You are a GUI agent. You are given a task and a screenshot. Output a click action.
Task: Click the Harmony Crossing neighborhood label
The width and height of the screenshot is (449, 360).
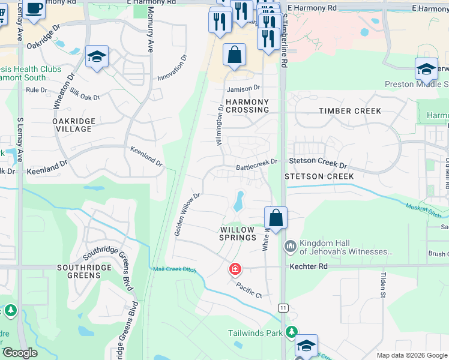tap(247, 106)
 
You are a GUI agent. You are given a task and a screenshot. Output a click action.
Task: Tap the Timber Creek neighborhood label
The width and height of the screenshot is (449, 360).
tap(350, 111)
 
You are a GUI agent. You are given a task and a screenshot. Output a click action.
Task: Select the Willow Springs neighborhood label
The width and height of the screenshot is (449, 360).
tap(238, 233)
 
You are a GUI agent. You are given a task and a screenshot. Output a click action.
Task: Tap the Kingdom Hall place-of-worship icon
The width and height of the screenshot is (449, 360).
tap(291, 246)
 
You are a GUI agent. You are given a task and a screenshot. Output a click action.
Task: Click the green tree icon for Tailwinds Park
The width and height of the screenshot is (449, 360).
tap(291, 332)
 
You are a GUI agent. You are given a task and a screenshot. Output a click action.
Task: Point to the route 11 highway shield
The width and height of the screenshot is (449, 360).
tap(283, 308)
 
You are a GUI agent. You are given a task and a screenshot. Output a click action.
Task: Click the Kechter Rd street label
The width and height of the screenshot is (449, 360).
tap(309, 266)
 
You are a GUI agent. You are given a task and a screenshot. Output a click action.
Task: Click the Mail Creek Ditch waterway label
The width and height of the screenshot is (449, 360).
tap(175, 269)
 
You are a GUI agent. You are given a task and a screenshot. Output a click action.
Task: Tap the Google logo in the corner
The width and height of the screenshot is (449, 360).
tap(20, 353)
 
